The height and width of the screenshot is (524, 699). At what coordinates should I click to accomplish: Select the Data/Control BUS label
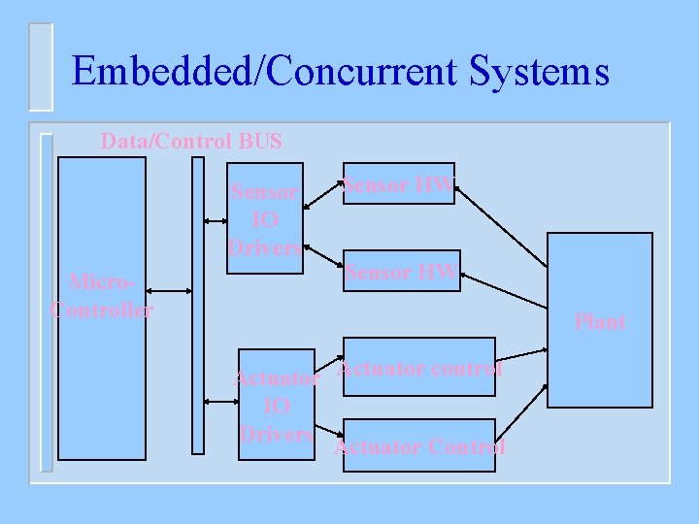(191, 142)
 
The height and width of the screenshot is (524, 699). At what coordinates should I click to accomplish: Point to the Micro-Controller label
(101, 297)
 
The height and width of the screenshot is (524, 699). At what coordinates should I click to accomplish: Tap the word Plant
(600, 321)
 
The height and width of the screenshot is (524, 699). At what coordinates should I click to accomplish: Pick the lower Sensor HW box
(400, 273)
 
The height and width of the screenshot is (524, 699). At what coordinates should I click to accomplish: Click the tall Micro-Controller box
(102, 388)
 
